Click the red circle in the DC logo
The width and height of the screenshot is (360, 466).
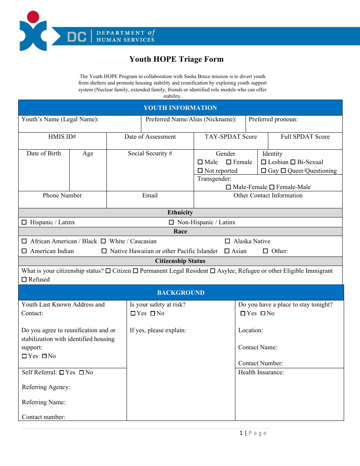coord(33,17)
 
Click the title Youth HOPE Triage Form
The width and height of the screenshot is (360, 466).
coord(177,59)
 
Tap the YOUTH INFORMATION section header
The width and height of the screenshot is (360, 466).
coord(180,108)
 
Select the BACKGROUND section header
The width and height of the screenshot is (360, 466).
coord(181,293)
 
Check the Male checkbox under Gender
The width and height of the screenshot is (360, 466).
coord(200,162)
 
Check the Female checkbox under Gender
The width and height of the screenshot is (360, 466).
coord(229,162)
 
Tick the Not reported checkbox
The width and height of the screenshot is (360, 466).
coord(200,171)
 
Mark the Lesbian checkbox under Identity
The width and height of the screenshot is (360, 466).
coord(264,162)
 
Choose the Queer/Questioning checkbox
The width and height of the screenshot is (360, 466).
coord(283,171)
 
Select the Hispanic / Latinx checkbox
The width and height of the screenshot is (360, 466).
coord(24,222)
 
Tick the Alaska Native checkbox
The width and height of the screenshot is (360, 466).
coord(227,241)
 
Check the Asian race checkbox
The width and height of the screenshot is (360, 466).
coord(227,251)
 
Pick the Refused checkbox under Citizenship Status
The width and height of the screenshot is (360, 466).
coord(24,280)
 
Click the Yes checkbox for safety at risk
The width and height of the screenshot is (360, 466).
coord(133,313)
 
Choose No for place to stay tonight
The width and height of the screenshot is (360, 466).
coord(263,313)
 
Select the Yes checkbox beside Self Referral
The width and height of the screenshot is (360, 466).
coord(61,372)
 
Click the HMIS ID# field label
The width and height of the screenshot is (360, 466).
coord(62,137)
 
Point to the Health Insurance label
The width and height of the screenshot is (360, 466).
coord(261,372)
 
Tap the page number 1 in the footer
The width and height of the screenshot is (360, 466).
coord(241,433)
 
